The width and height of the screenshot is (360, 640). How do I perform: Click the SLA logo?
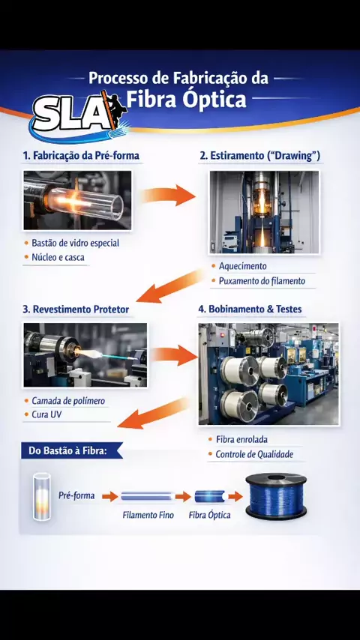click(x=79, y=116)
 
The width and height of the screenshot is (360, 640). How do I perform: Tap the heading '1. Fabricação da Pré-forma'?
click(x=81, y=156)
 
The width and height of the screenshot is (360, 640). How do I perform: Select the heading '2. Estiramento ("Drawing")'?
click(x=260, y=156)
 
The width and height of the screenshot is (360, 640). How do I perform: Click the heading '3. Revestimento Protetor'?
click(x=76, y=310)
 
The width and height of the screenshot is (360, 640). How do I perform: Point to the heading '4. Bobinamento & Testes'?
click(x=250, y=309)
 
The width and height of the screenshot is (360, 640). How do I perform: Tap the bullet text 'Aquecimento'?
click(x=243, y=266)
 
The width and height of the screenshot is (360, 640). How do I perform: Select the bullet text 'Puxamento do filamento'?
click(x=262, y=281)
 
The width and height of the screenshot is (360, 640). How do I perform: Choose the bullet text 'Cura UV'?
click(x=47, y=414)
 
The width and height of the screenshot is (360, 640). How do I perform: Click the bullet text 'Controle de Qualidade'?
click(x=254, y=454)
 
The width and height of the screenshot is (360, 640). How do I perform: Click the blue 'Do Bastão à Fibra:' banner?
click(x=71, y=450)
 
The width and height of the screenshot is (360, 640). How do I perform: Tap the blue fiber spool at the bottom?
click(x=276, y=496)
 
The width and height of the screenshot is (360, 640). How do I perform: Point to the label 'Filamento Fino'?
click(x=148, y=515)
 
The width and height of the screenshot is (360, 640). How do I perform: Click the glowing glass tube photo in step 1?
click(x=78, y=200)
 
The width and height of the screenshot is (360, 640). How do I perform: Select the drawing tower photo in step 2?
click(x=264, y=212)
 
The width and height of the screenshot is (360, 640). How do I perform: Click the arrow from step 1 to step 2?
click(x=168, y=195)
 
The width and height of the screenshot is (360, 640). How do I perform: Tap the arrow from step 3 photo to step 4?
click(x=173, y=354)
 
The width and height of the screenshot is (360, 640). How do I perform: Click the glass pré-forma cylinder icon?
click(x=42, y=496)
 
